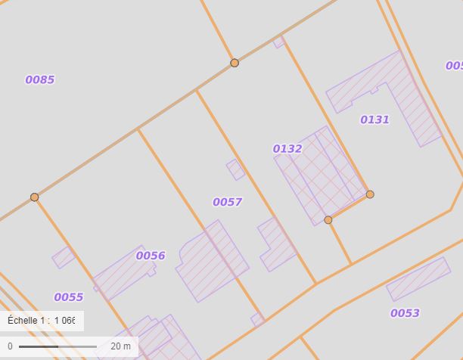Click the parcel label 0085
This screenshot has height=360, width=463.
coord(40,80)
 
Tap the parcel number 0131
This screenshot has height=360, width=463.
coord(374,119)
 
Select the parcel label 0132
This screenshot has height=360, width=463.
coord(287,149)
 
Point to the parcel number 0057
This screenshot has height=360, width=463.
coord(227,202)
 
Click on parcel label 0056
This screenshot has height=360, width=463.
coord(151,256)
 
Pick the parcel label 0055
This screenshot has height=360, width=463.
coord(68,297)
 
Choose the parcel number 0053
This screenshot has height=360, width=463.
coord(405,313)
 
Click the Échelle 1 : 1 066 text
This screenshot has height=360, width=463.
coord(42,321)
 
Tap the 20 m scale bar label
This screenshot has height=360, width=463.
coord(120,346)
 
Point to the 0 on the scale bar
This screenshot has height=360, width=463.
coord(10,346)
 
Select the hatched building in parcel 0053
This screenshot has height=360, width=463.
coord(418,279)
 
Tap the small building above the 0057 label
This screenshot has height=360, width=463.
coord(236,169)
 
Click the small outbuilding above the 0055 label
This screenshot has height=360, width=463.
coord(64,257)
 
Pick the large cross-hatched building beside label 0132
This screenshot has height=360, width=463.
coord(318,175)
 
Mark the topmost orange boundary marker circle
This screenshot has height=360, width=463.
coord(235,63)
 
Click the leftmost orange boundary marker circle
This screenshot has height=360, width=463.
coord(34,197)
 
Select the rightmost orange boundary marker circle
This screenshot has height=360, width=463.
coord(370,194)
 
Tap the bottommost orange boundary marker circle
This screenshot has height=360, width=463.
coord(328,220)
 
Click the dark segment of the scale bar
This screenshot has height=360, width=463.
coord(39,346)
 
